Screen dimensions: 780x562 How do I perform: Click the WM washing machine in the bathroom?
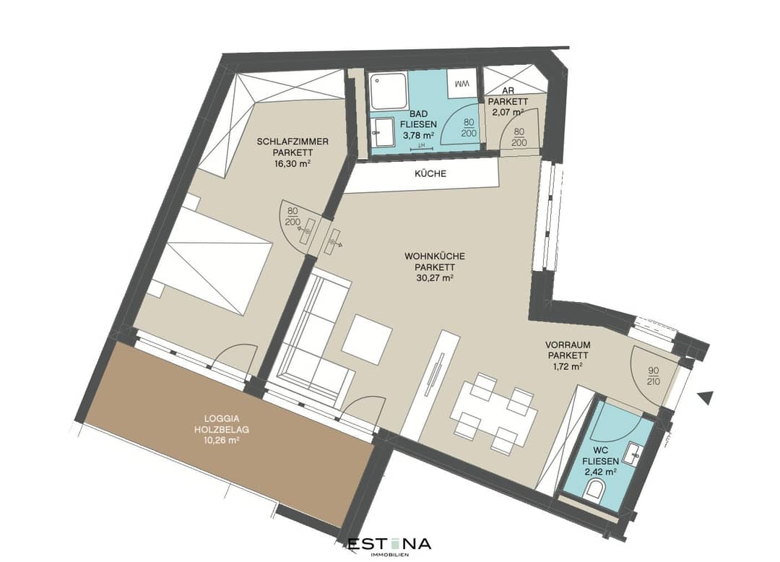point(462,84)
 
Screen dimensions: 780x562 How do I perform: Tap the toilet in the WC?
point(594,489)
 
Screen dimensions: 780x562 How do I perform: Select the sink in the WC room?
point(636,452)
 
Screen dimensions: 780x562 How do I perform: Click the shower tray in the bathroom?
point(389,92)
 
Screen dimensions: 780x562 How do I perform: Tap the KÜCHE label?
point(430,173)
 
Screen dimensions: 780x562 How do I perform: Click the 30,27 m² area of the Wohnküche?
point(434,279)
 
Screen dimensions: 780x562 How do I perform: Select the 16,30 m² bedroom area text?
point(292,163)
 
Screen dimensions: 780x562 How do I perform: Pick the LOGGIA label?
point(222,419)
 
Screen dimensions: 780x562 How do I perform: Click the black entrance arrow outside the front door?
point(706,397)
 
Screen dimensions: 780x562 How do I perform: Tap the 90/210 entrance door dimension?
point(654,376)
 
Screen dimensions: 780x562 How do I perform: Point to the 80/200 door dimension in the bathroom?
point(469,128)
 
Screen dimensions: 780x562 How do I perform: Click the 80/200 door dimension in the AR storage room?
point(519,137)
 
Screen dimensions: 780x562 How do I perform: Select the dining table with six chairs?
point(493,412)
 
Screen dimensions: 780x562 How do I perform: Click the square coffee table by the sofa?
point(367,340)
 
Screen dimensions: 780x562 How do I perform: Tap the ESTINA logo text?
point(389,544)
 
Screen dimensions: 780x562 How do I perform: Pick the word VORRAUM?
point(568,345)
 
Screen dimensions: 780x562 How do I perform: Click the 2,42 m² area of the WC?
point(600,471)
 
